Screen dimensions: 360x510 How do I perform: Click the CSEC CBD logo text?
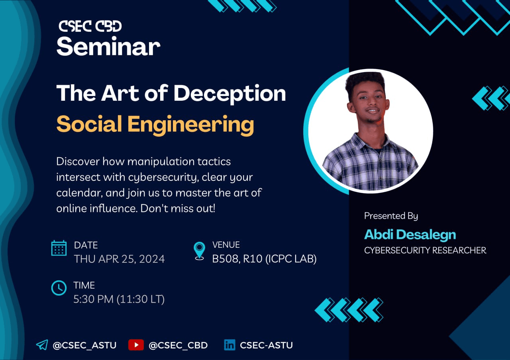90,26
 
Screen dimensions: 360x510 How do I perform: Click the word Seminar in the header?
108,47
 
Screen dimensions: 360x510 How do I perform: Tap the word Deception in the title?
229,94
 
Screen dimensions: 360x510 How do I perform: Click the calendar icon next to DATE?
59,248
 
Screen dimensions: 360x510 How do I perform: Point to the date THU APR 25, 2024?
119,259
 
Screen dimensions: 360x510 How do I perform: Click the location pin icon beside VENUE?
199,251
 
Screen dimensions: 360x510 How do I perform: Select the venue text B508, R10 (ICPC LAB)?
264,259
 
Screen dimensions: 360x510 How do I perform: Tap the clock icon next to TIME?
59,288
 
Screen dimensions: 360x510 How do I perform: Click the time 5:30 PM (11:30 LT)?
119,299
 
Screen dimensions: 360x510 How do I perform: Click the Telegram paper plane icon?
42,345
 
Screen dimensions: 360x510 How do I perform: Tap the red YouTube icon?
136,345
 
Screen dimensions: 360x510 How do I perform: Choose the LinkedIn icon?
229,345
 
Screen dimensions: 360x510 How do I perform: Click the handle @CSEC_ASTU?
84,345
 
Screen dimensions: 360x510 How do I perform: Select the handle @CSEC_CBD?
178,345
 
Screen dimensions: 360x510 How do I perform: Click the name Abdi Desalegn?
410,235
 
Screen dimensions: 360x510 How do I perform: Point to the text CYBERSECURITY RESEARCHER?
425,250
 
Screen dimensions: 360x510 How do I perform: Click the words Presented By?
391,216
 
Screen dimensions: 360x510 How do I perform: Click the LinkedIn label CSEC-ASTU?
266,345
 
